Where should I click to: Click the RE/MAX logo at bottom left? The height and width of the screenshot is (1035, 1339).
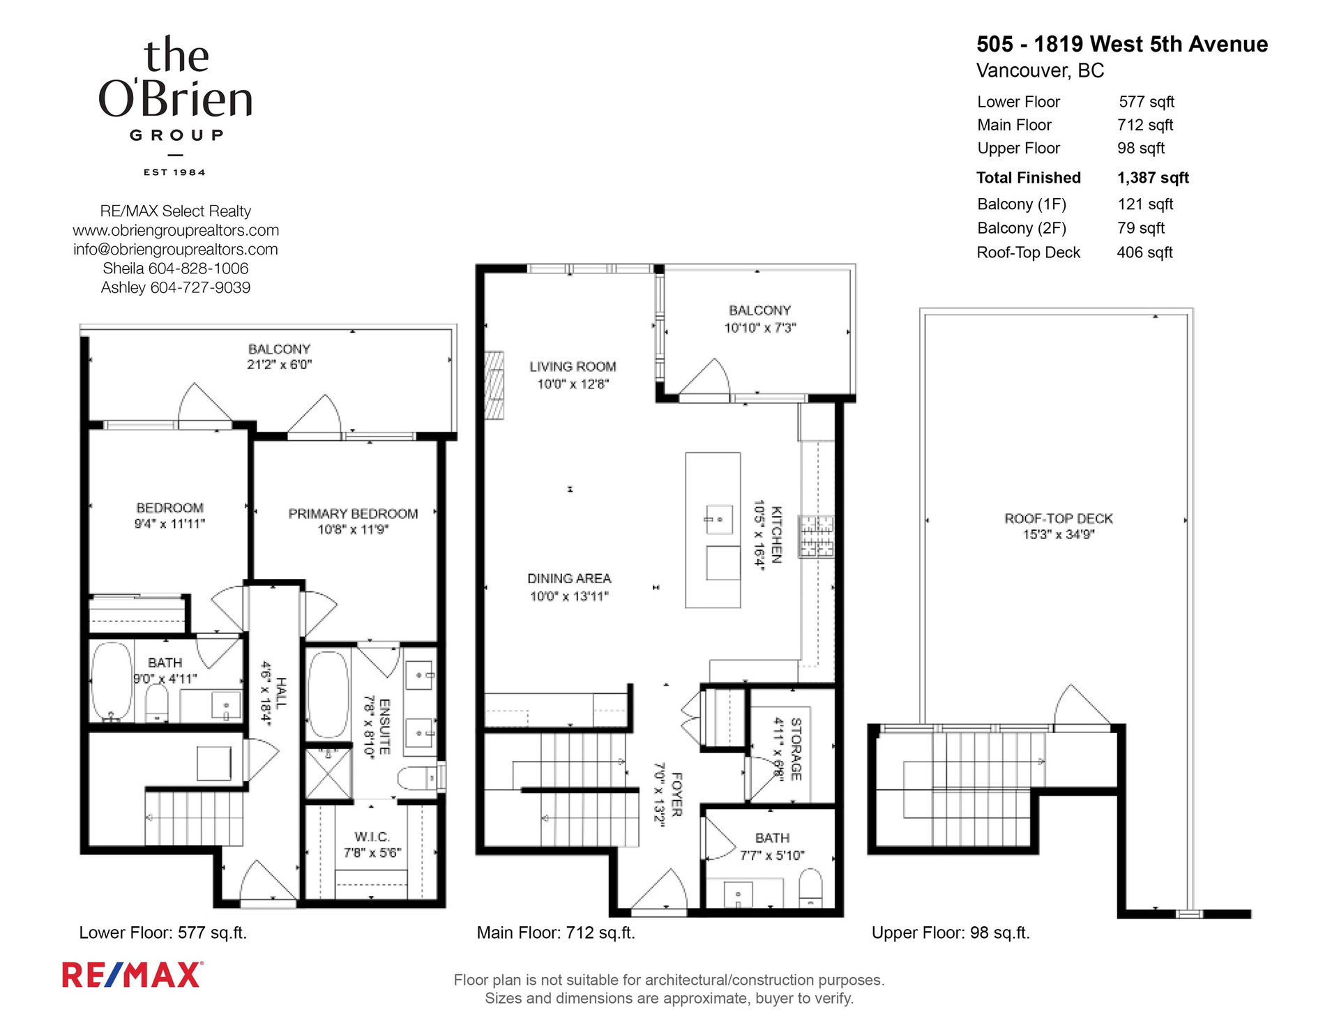tap(133, 974)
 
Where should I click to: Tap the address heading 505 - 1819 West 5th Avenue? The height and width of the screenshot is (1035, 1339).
tap(1122, 44)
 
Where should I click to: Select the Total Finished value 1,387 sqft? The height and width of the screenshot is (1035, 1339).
tap(1153, 178)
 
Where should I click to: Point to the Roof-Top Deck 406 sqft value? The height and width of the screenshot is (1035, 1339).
tap(1145, 252)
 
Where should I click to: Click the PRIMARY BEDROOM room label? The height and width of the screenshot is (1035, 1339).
tap(353, 513)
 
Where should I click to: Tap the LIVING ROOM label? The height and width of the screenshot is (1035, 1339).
tap(573, 366)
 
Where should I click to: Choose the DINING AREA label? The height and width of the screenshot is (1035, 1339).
tap(569, 578)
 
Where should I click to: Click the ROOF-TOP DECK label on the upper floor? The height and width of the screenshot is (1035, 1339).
tap(1059, 518)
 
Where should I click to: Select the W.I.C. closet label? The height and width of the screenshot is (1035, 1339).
tap(372, 836)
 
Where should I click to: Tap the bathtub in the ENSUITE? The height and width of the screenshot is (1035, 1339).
tap(328, 695)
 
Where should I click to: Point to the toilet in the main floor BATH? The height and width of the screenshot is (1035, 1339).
tap(810, 887)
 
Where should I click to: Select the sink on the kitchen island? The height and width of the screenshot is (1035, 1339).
tap(718, 520)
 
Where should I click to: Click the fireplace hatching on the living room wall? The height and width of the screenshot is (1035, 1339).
tap(494, 385)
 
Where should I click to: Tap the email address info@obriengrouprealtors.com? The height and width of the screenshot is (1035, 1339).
tap(176, 249)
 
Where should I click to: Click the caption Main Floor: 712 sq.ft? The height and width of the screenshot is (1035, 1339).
tap(556, 932)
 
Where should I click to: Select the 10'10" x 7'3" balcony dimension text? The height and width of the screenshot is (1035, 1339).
tap(760, 328)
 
